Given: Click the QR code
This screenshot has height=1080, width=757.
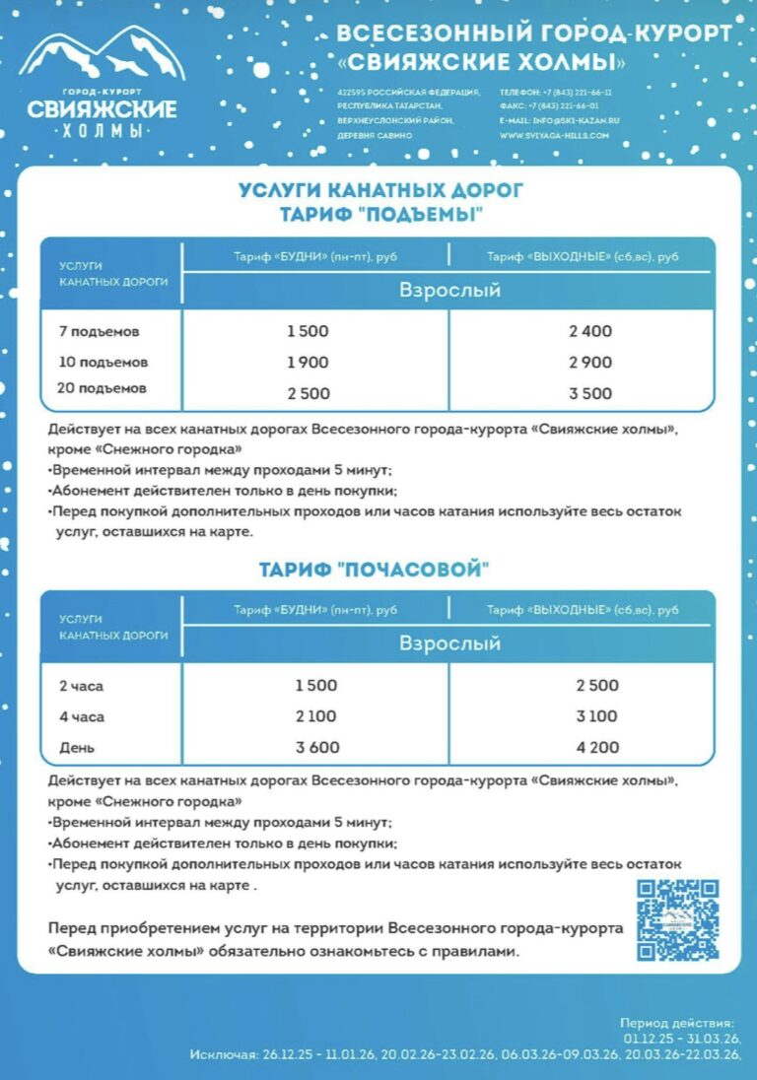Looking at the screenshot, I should point(676,920).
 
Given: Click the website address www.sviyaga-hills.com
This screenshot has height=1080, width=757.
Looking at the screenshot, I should point(554,135).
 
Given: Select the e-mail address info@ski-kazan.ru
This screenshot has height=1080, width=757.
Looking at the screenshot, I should point(560,120).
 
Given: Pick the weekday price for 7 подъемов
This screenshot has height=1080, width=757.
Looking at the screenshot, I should point(308,331).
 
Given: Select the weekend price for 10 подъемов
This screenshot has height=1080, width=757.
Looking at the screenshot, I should point(589,363).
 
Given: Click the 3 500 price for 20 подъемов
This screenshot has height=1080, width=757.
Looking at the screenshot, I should point(589,393).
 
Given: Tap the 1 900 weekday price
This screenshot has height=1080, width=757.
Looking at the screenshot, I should point(308,363).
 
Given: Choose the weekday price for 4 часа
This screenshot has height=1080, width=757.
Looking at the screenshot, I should point(315,716).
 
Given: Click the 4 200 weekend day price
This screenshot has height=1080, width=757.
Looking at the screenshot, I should point(597,747).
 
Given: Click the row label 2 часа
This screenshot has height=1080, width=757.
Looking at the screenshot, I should point(81,686).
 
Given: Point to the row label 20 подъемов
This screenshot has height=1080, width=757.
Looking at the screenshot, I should point(102,388).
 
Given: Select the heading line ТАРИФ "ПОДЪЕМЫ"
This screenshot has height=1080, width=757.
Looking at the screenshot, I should point(380,215).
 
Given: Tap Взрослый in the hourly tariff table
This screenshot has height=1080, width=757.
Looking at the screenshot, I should point(449,643).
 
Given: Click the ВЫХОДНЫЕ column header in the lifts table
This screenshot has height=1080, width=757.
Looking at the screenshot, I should point(583,256).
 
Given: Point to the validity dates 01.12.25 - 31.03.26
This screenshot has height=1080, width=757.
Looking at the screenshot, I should point(681,1039).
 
